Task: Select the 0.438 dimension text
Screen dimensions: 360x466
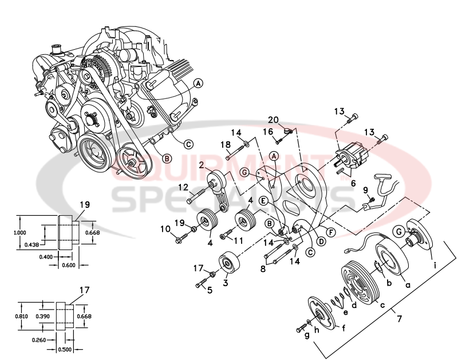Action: click(x=32, y=244)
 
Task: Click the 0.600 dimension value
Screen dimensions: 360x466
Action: click(x=68, y=266)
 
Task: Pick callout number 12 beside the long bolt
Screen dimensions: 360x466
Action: click(x=183, y=187)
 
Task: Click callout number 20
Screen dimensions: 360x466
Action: click(x=274, y=120)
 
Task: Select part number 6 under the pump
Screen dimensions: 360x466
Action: click(x=353, y=183)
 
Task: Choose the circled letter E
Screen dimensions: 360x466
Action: click(x=263, y=200)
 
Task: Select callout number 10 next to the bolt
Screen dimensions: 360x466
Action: click(x=165, y=230)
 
